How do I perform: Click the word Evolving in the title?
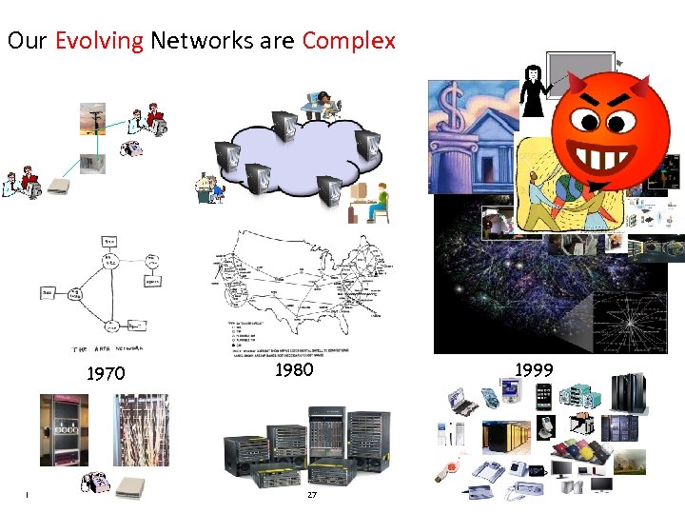pyautogui.click(x=99, y=42)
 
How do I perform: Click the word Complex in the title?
pyautogui.click(x=348, y=42)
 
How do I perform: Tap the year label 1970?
pyautogui.click(x=106, y=374)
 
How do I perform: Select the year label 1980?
pyautogui.click(x=294, y=370)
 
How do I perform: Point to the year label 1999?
pyautogui.click(x=534, y=370)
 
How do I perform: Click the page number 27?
pyautogui.click(x=311, y=494)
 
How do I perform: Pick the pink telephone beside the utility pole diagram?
pyautogui.click(x=131, y=148)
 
